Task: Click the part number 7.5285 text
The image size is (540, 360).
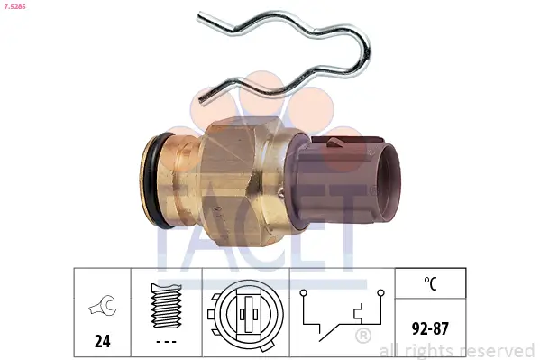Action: tap(14, 6)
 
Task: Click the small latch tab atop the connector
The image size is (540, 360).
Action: tap(334, 142)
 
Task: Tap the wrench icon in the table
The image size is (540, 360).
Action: tap(103, 305)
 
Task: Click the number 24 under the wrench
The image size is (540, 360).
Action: tap(102, 341)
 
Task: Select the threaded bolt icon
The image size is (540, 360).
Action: tap(167, 305)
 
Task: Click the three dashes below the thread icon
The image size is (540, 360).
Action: tap(167, 342)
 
